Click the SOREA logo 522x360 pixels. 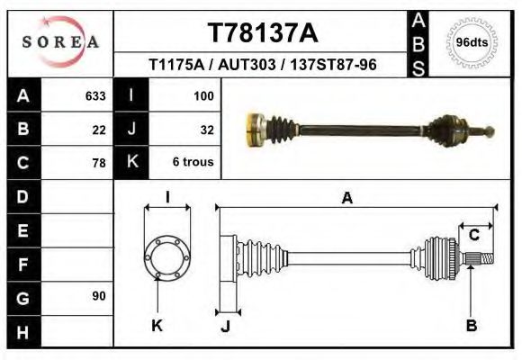click(59, 42)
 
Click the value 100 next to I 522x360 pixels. click(203, 95)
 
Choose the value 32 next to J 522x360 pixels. click(206, 130)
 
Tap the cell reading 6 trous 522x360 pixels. click(193, 164)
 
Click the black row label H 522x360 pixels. click(23, 330)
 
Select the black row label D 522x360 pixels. click(23, 196)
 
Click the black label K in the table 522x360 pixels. click(131, 162)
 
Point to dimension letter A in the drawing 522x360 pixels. click(347, 198)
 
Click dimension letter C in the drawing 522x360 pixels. click(473, 235)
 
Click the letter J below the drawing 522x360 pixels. click(226, 326)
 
